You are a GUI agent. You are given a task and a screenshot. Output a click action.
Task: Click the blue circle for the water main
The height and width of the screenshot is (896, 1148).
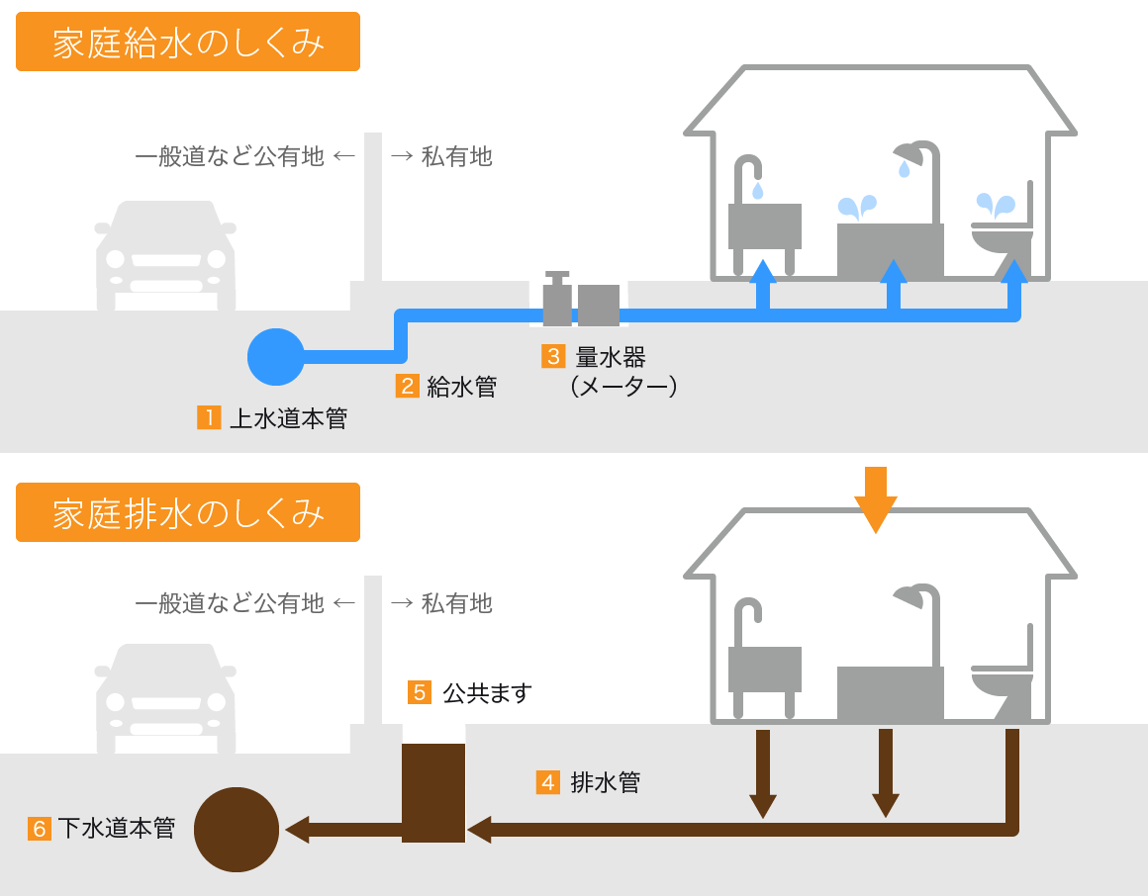coord(276,356)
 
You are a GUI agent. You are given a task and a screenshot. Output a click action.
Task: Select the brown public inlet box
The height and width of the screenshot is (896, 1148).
coord(433,793)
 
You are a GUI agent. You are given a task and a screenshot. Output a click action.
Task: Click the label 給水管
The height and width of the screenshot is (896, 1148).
coord(461,387)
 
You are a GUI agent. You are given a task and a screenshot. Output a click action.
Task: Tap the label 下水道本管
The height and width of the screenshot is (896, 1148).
coord(116,828)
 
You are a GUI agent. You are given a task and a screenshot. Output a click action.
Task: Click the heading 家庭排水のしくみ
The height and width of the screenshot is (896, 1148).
coord(188,512)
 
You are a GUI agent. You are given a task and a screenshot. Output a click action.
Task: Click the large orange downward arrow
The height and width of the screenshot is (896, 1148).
coord(875,499)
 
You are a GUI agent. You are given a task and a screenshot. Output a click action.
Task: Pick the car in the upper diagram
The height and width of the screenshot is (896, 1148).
coord(165,255)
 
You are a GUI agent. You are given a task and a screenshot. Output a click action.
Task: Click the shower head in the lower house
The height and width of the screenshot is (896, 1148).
coord(915,596)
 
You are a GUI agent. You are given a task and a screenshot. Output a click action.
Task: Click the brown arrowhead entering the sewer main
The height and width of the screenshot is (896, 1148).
coord(298,828)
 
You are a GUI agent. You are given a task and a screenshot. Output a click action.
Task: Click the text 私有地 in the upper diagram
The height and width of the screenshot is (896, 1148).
coord(456,156)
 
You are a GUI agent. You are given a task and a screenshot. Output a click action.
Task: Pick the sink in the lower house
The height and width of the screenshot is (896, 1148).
coord(764,669)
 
